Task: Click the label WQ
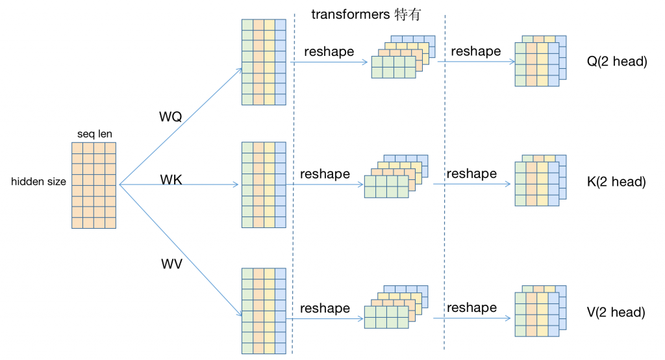point(171,117)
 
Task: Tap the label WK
point(171,179)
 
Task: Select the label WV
point(171,264)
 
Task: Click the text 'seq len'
point(95,134)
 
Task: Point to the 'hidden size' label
point(38,182)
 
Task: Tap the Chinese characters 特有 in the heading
point(408,14)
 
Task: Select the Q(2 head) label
point(617,62)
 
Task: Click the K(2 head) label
point(616,182)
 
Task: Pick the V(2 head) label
point(616,313)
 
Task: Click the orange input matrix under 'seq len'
point(94,185)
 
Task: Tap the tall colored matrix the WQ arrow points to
point(264,62)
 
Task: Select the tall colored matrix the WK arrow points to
point(264,185)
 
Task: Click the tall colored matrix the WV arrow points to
point(264,311)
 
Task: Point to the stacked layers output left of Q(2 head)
point(540,61)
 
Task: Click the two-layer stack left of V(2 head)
point(540,311)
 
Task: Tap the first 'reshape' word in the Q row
point(329,52)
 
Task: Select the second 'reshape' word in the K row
point(471,174)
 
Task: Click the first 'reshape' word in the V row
point(325,309)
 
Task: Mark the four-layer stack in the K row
point(396,177)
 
